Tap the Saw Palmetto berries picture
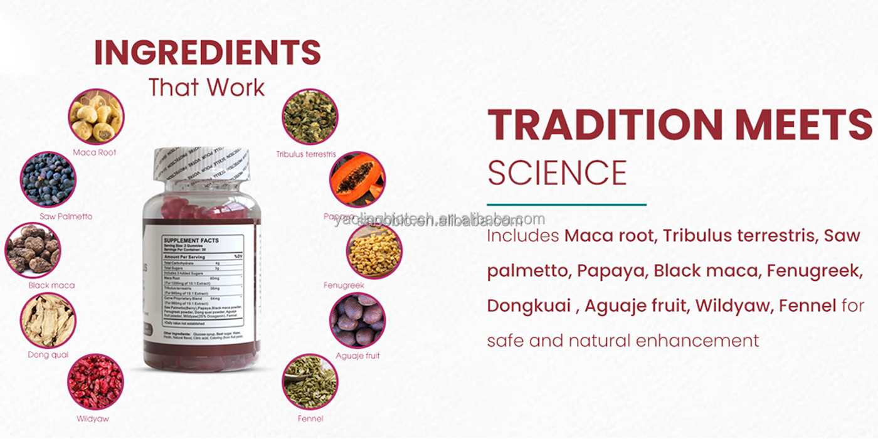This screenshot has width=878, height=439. [48, 180]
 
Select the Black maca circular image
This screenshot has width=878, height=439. [33, 250]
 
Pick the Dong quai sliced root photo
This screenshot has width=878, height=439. [48, 320]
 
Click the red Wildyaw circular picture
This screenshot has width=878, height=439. [95, 382]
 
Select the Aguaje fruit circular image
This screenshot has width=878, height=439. [357, 320]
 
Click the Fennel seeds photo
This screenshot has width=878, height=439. [310, 382]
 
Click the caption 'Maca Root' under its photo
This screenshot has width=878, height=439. [95, 152]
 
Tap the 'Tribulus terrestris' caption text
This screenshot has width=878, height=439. [307, 154]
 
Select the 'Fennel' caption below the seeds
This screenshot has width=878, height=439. [310, 418]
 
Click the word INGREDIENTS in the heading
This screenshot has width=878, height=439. [207, 53]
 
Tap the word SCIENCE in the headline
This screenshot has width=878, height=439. [557, 173]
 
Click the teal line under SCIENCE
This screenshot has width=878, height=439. [566, 204]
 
